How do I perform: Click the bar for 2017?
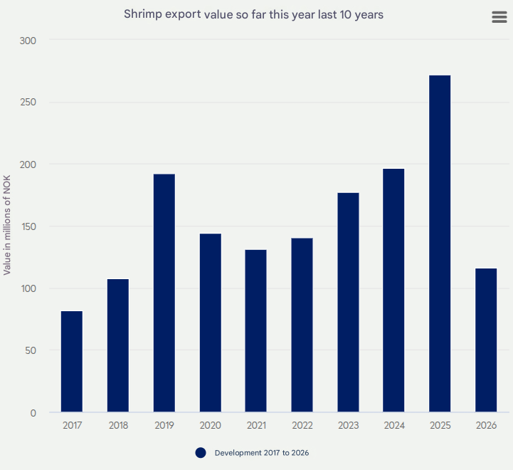[x=72, y=362]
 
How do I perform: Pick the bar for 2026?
[x=486, y=340]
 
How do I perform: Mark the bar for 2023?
[x=348, y=303]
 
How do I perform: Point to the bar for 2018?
[x=118, y=345]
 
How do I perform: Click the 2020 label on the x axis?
[x=210, y=425]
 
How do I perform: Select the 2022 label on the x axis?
[x=302, y=425]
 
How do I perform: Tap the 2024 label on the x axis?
[x=393, y=425]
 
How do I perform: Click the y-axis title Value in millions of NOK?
[x=7, y=225]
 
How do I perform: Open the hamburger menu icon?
[x=499, y=18]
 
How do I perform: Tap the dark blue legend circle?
[x=201, y=453]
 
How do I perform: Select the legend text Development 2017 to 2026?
[x=262, y=453]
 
